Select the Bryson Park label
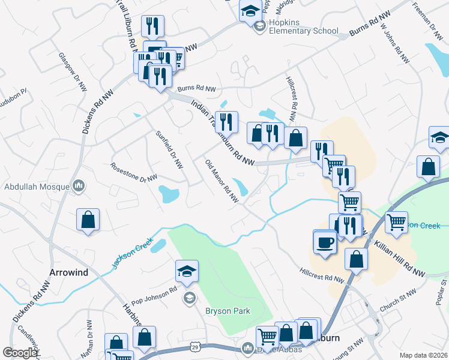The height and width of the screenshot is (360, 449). pyautogui.click(x=228, y=311)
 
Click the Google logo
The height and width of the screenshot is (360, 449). pyautogui.click(x=20, y=353)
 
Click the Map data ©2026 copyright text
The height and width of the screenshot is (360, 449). pyautogui.click(x=424, y=355)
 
